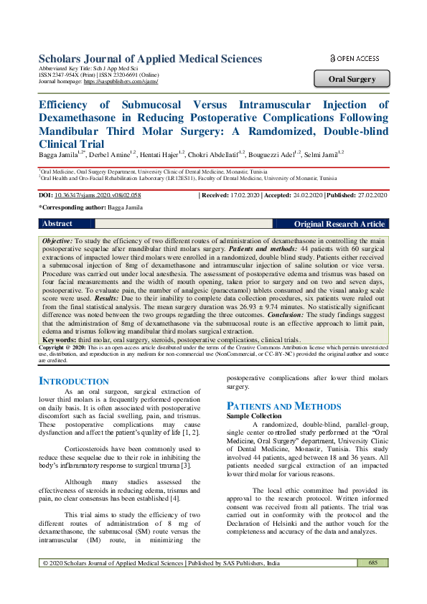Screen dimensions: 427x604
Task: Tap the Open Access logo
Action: click(x=354, y=58)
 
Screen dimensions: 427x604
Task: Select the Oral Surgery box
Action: click(x=352, y=79)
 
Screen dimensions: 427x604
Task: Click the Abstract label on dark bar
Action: click(x=57, y=225)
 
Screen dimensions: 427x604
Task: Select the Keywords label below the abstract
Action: click(x=59, y=339)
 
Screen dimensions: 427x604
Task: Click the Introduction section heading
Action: click(x=73, y=381)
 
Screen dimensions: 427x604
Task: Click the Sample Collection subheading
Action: click(x=254, y=416)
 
